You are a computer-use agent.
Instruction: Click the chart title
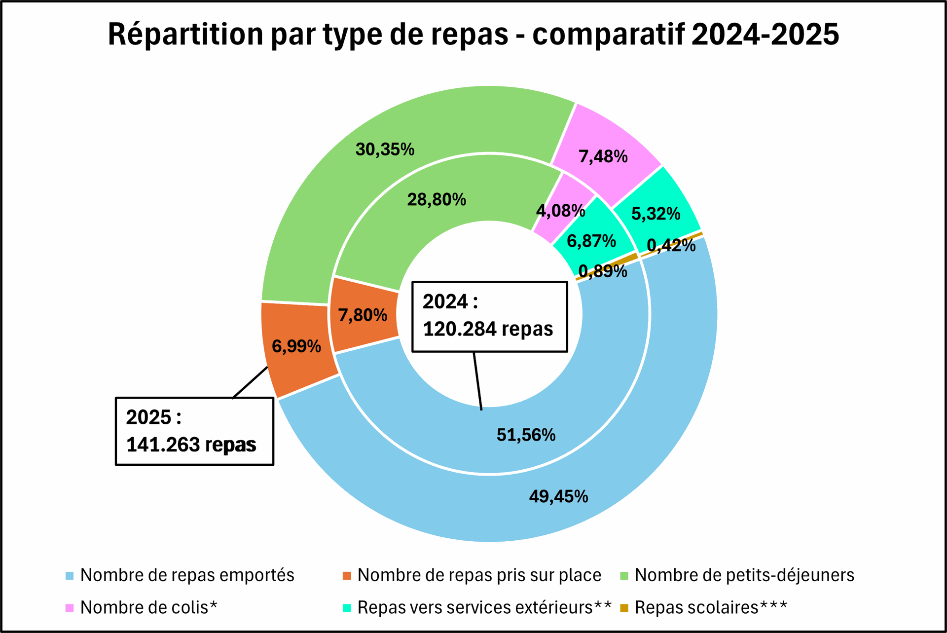473,35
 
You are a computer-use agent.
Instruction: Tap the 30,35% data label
385,149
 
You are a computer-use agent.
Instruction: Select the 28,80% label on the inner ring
437,199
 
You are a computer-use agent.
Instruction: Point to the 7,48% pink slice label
603,156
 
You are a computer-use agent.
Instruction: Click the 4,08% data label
561,211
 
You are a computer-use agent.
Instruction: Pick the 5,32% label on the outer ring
656,214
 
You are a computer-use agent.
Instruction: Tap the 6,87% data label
591,241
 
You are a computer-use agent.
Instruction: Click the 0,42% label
671,245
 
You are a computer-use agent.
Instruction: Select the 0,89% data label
603,271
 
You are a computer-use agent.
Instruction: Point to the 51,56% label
526,435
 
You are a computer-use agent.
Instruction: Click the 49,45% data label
559,496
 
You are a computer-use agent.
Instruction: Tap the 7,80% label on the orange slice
363,315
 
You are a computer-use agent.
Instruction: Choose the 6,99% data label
296,346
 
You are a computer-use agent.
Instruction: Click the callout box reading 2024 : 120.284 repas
490,317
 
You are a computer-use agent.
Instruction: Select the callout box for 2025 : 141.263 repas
194,431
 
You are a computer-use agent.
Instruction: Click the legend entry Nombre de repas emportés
180,575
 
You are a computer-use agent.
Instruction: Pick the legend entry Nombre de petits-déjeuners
737,575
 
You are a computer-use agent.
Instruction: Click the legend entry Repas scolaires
704,607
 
